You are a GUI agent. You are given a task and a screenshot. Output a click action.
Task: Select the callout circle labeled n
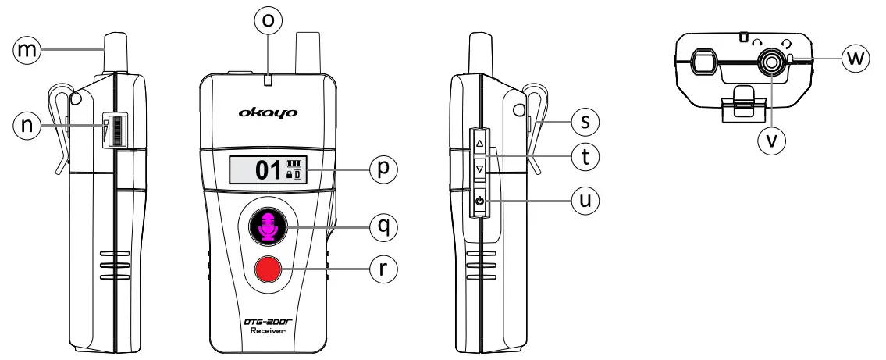[27, 127]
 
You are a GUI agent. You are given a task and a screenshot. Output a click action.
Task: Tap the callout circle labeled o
[268, 21]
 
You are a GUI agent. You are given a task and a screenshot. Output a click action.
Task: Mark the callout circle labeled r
[383, 268]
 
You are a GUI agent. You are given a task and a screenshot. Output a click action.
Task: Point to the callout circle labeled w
[857, 59]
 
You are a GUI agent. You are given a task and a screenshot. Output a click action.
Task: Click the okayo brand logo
[268, 113]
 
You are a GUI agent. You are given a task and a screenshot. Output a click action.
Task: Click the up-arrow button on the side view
[479, 144]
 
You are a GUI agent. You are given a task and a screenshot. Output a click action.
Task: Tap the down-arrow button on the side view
[479, 168]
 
